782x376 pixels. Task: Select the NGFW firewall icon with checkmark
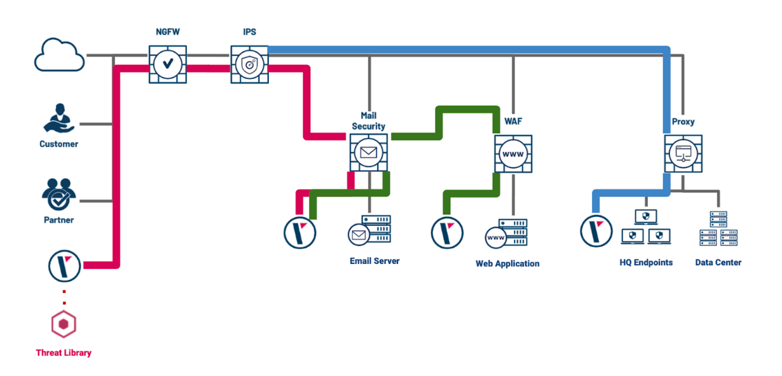click(x=168, y=64)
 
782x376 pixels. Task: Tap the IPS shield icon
click(x=249, y=64)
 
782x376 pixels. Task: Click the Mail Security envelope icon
click(x=369, y=152)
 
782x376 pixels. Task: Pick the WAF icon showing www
click(x=513, y=154)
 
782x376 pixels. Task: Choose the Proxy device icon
click(x=683, y=154)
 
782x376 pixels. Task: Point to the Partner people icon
click(x=59, y=194)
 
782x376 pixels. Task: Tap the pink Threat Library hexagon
click(x=64, y=324)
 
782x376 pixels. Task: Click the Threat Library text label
click(x=64, y=352)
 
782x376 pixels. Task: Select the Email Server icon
click(x=370, y=231)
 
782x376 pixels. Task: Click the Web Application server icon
click(x=507, y=234)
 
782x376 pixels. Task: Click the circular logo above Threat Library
click(x=65, y=266)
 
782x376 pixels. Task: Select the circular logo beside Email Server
click(x=300, y=233)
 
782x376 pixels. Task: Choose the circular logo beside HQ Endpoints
click(x=596, y=231)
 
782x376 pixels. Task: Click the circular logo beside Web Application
click(x=447, y=233)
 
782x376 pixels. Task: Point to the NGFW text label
click(x=168, y=32)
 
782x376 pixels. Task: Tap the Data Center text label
click(x=718, y=262)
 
